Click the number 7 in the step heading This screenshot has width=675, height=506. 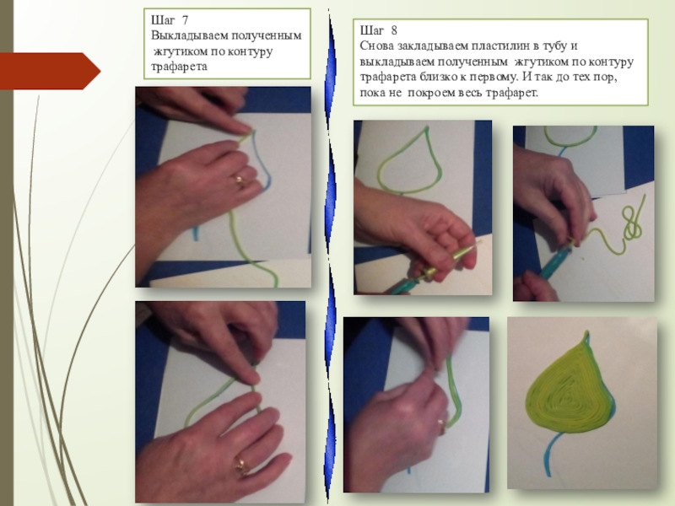point(185,19)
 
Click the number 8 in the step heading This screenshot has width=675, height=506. point(394,30)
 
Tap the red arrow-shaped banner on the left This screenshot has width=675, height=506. point(50,71)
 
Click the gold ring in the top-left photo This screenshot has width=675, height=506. point(240,180)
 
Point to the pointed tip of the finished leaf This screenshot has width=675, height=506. point(586,332)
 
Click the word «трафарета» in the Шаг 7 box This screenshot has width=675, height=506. point(179,67)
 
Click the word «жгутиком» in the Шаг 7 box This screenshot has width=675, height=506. point(181,51)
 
